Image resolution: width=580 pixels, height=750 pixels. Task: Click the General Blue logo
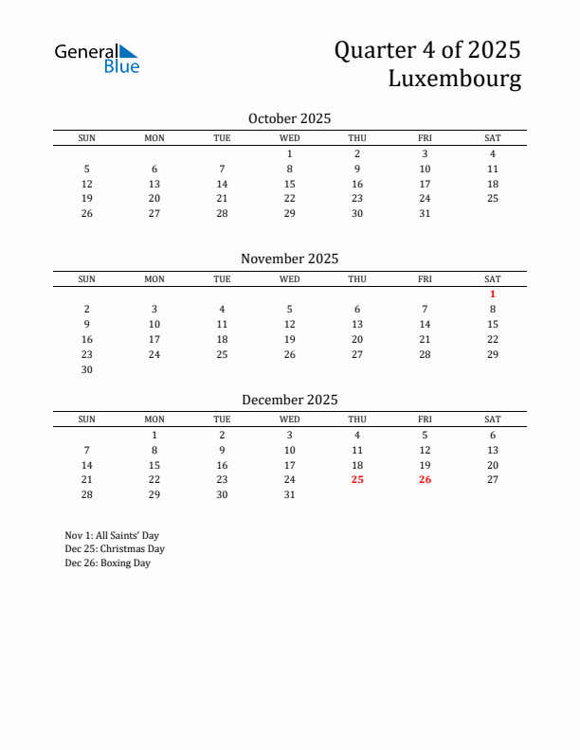pyautogui.click(x=97, y=58)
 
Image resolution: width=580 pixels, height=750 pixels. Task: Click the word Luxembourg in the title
pyautogui.click(x=454, y=79)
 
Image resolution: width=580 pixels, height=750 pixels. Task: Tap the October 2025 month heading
pyautogui.click(x=289, y=118)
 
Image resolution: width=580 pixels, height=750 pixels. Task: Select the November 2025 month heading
pyautogui.click(x=289, y=259)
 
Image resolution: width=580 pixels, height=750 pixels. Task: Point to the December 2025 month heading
pyautogui.click(x=289, y=400)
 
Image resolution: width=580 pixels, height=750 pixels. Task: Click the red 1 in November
pyautogui.click(x=493, y=294)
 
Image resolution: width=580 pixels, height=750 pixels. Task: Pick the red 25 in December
pyautogui.click(x=357, y=480)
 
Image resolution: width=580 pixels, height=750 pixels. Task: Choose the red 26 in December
pyautogui.click(x=425, y=480)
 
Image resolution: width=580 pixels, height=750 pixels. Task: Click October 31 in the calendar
pyautogui.click(x=425, y=213)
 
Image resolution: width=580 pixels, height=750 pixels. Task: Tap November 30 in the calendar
pyautogui.click(x=87, y=369)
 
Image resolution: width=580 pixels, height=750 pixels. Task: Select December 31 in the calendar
pyautogui.click(x=290, y=494)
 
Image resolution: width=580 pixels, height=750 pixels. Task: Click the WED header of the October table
pyautogui.click(x=290, y=138)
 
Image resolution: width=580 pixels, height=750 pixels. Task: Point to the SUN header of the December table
pyautogui.click(x=87, y=420)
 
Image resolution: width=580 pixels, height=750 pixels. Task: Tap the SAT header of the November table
pyautogui.click(x=493, y=279)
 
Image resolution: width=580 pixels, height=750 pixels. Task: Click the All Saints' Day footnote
pyautogui.click(x=112, y=535)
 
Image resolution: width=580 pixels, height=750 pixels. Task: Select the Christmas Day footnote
pyautogui.click(x=115, y=549)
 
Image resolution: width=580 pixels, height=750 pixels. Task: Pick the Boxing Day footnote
pyautogui.click(x=108, y=563)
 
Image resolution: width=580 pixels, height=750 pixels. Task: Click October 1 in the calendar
pyautogui.click(x=290, y=153)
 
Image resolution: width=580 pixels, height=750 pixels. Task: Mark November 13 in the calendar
pyautogui.click(x=357, y=324)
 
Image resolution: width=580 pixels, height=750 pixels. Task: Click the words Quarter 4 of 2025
pyautogui.click(x=427, y=50)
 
